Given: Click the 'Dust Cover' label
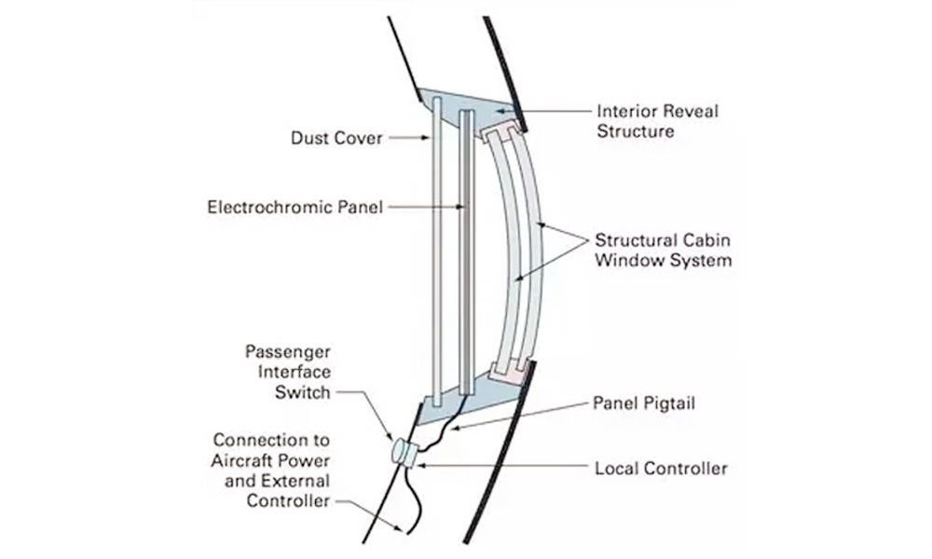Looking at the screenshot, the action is tap(336, 138).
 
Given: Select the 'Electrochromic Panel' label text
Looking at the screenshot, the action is tap(295, 207).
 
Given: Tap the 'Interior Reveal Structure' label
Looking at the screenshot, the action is tap(657, 120).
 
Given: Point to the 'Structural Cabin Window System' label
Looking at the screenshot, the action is tap(663, 250).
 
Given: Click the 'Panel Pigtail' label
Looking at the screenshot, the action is tap(644, 403).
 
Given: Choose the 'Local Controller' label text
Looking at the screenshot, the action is tap(661, 468).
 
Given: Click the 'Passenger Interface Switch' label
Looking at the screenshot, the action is tap(288, 372).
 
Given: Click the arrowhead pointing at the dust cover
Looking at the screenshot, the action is tap(425, 138).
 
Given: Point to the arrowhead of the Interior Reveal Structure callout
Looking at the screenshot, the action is tap(500, 110).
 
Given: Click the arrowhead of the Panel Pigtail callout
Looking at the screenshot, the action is tap(456, 427).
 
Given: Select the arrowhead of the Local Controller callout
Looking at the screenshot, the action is tap(422, 466).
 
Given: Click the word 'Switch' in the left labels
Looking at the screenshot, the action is tap(302, 392).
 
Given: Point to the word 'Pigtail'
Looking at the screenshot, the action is tap(669, 404).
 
